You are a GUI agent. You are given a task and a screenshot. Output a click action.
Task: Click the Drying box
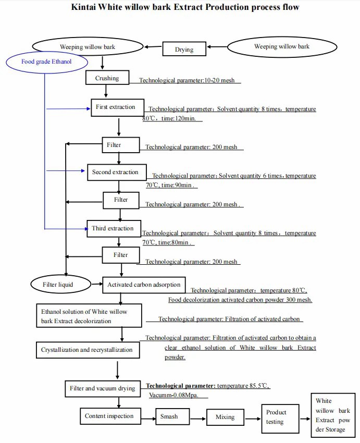184,50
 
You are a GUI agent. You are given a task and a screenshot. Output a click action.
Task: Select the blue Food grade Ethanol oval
46,61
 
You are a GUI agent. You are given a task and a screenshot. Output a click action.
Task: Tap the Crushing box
107,78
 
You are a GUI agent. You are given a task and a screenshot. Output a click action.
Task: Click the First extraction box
115,107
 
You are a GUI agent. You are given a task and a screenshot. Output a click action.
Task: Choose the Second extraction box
115,173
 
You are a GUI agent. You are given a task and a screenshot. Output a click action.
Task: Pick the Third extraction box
113,229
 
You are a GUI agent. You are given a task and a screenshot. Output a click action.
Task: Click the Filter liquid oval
58,285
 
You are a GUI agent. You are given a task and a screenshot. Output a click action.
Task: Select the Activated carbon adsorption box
144,285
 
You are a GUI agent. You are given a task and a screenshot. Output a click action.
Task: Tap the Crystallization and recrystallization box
87,350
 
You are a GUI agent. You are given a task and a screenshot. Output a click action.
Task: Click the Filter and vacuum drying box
102,388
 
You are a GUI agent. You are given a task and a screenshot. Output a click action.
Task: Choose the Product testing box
280,417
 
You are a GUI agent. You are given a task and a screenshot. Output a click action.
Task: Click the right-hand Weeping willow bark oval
281,47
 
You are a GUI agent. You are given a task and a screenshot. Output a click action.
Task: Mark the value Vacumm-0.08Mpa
178,396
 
